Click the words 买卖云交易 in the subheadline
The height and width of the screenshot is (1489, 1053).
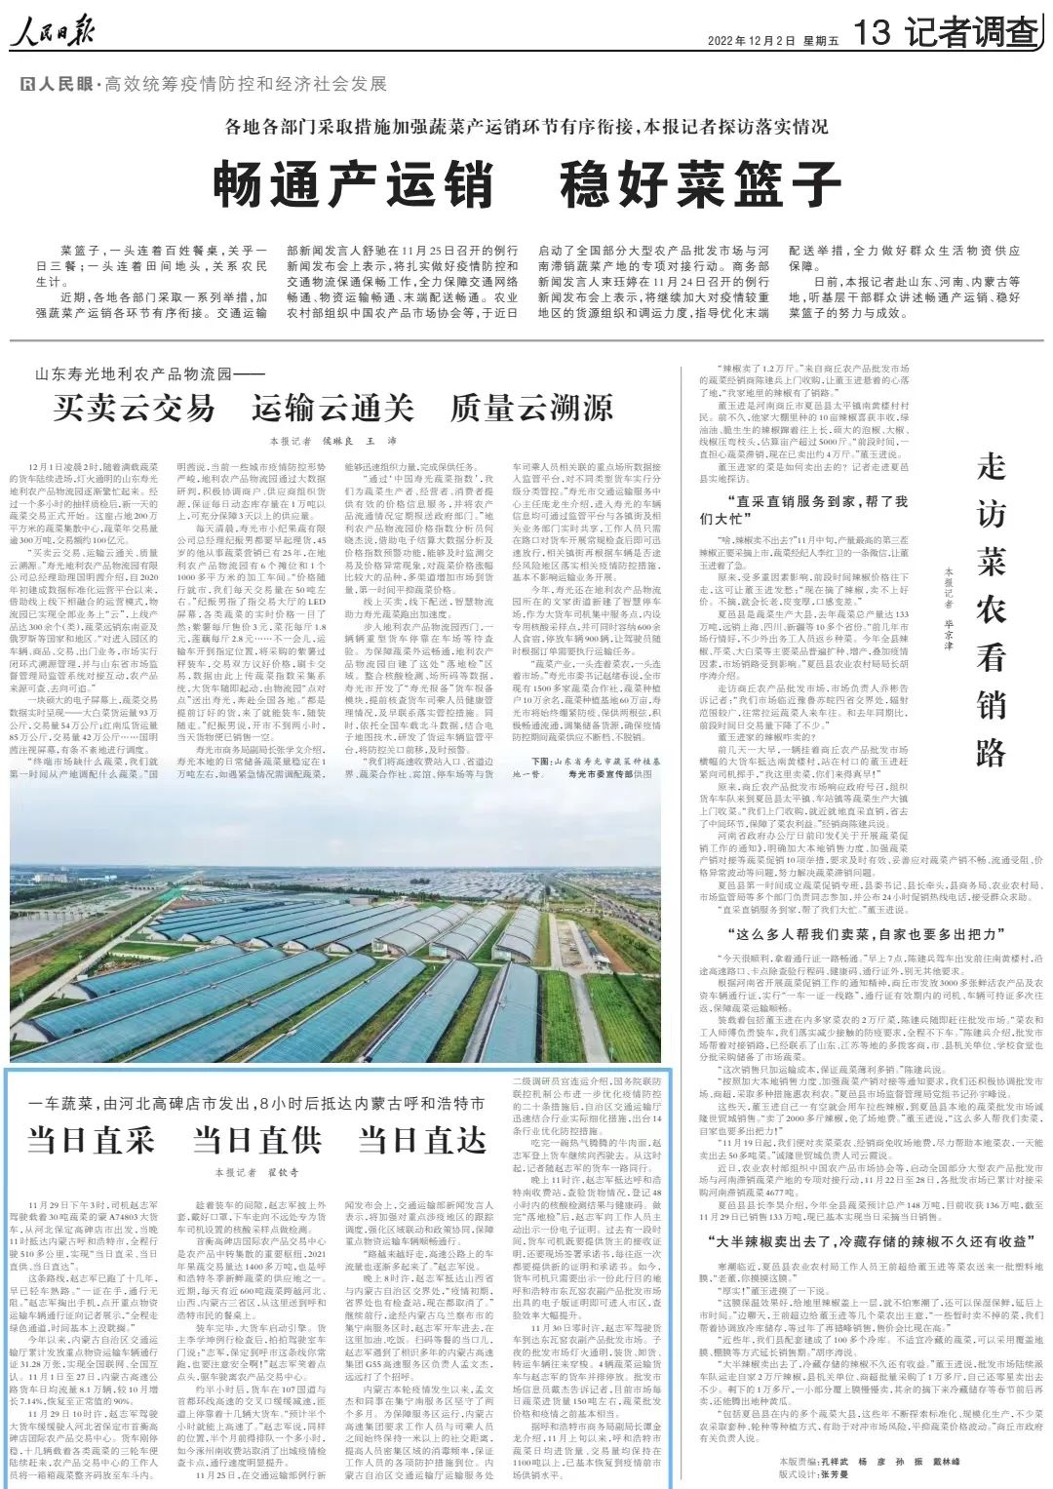click(134, 408)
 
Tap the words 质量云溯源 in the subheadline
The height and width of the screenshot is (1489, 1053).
click(530, 408)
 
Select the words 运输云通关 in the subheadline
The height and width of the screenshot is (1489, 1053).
click(332, 408)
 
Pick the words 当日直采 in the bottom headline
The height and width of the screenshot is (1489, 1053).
click(91, 1138)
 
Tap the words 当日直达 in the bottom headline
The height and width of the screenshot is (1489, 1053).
click(422, 1138)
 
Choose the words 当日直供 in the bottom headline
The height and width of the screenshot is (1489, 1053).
click(256, 1138)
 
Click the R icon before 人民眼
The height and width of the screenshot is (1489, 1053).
click(27, 86)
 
